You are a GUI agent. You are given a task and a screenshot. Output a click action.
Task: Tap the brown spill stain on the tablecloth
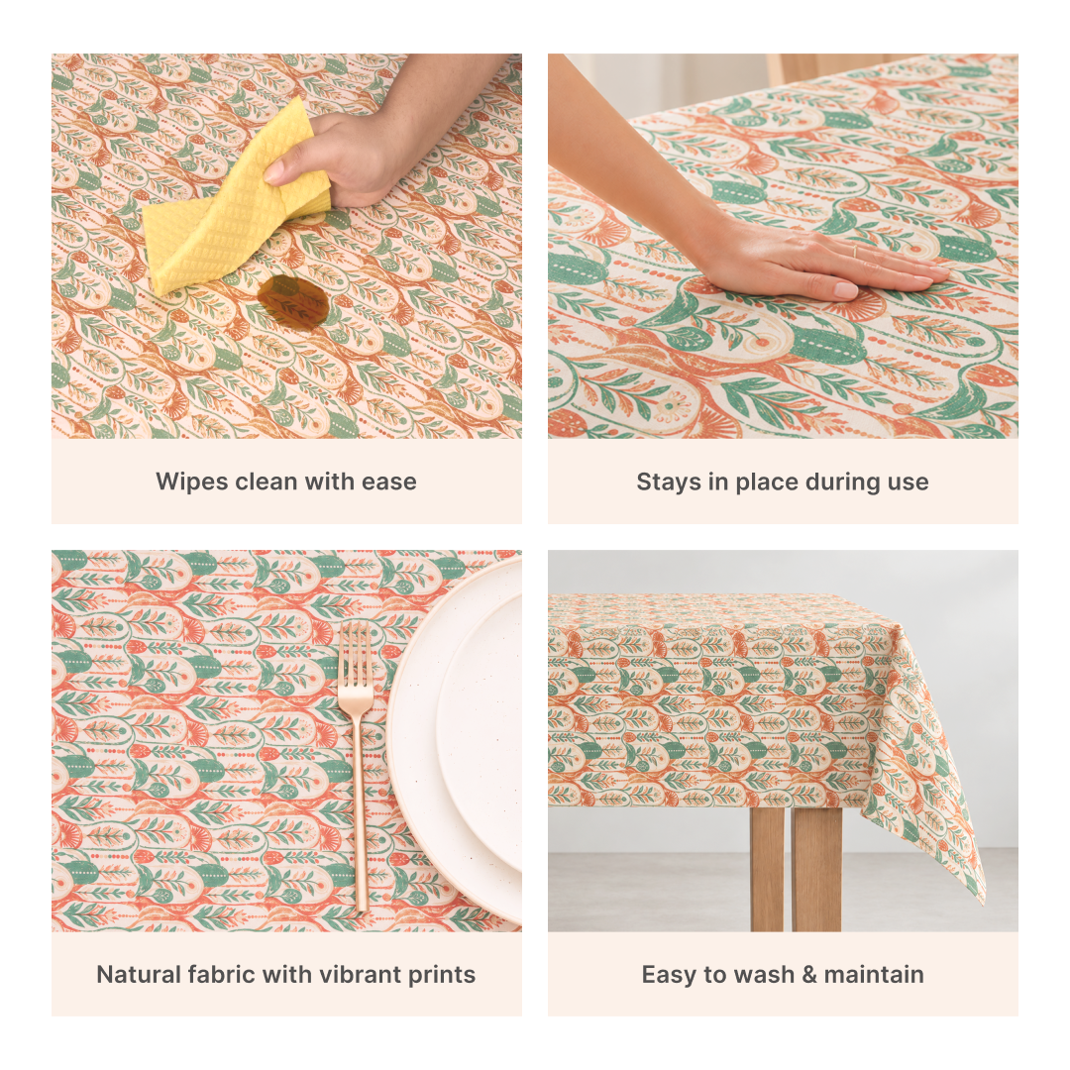[x=293, y=301]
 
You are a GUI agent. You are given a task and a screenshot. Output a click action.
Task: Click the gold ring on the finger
[x=854, y=251]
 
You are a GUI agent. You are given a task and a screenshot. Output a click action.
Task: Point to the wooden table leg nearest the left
[x=767, y=870]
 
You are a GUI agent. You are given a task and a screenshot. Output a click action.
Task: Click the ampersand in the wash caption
[x=809, y=975]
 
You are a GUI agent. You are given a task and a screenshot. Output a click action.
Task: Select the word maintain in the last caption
[x=874, y=975]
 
